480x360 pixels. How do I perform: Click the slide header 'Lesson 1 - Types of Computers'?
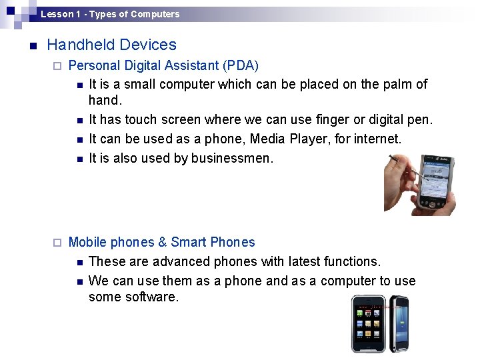[109, 14]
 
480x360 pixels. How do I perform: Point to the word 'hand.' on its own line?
[106, 101]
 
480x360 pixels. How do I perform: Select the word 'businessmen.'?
[232, 159]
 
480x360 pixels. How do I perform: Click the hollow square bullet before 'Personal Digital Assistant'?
[57, 67]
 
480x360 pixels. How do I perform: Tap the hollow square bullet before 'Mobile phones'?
[57, 243]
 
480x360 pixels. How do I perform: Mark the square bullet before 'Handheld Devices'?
[32, 46]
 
